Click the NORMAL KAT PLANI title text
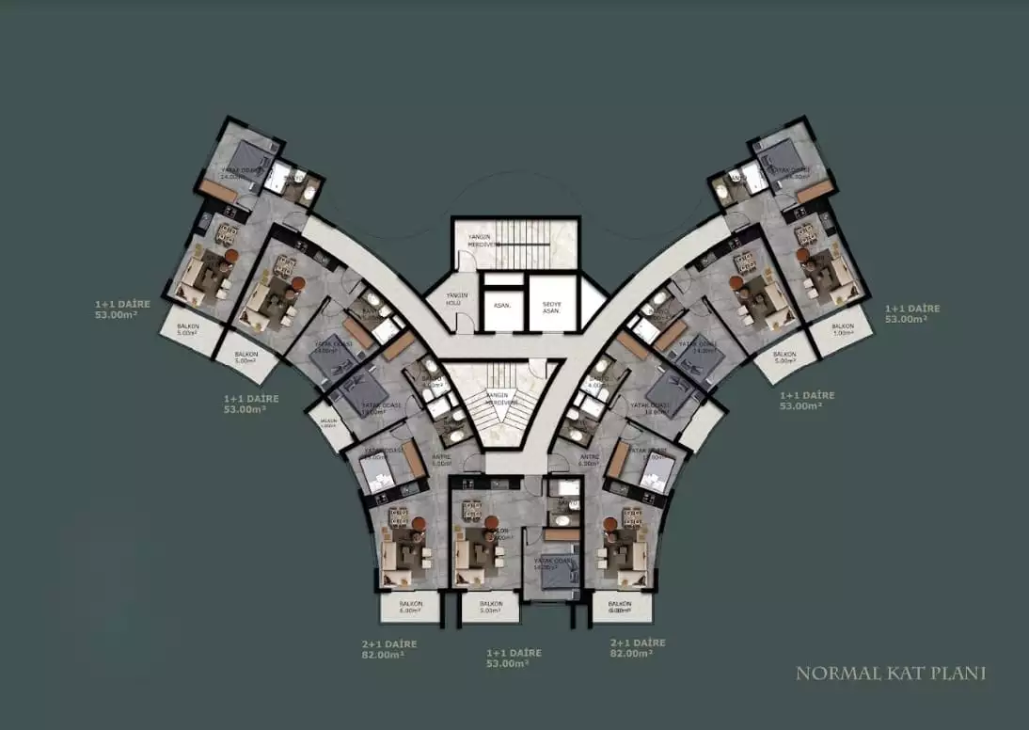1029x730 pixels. click(x=890, y=674)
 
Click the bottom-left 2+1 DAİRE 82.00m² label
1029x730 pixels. click(x=388, y=648)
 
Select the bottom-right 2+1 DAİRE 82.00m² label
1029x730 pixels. click(x=638, y=648)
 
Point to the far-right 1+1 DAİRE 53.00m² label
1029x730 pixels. click(x=911, y=313)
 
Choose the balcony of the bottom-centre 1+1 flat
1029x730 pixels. click(x=489, y=607)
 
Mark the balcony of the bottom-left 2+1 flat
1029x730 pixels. click(x=410, y=607)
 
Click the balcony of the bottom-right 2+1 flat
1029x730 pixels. click(x=618, y=607)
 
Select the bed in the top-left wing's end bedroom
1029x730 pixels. click(x=247, y=155)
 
